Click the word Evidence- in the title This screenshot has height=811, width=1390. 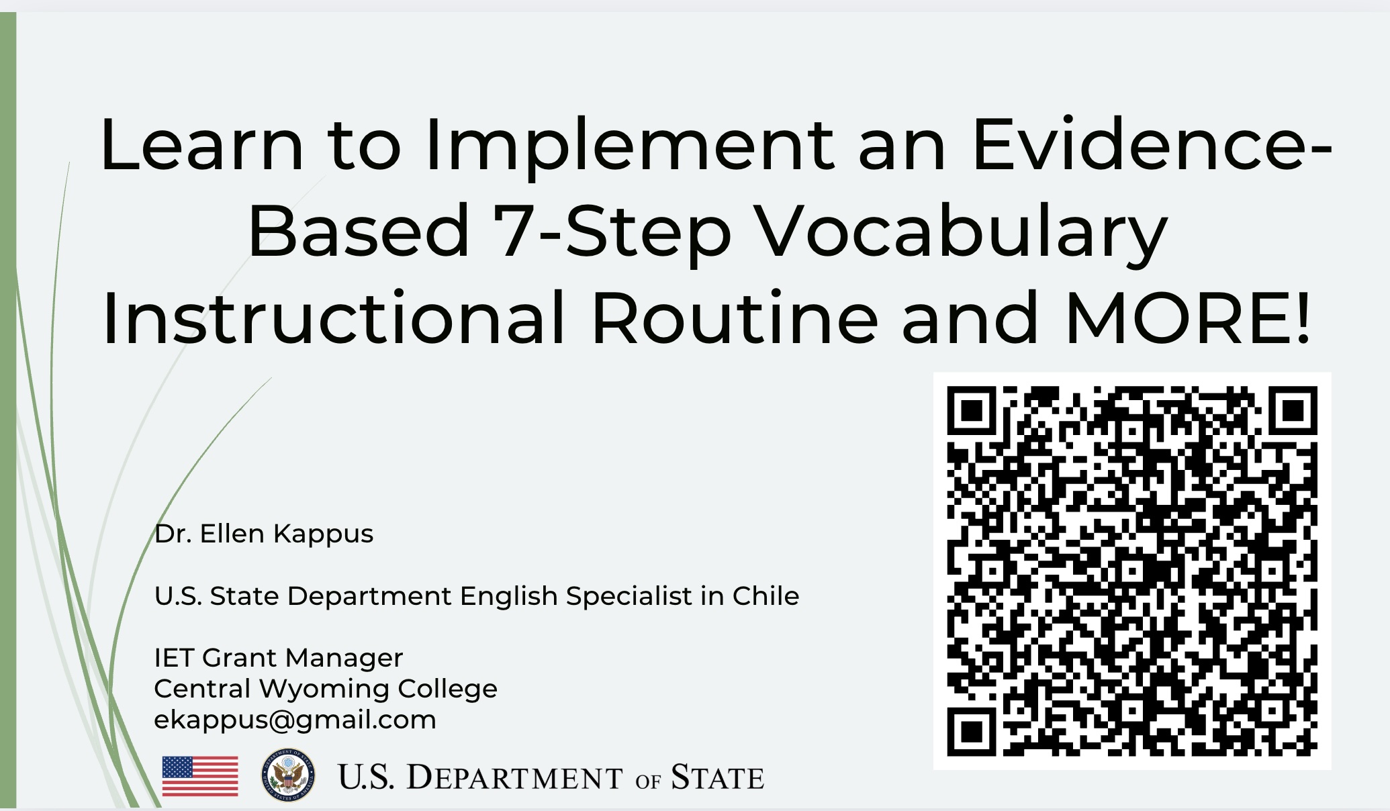pos(1152,144)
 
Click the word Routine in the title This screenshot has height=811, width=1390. pos(734,318)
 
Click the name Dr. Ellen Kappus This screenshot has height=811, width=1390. pos(264,534)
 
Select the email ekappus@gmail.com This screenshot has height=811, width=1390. pos(295,720)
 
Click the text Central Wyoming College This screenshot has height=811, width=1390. pos(326,689)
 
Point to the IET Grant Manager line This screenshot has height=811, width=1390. pos(279,658)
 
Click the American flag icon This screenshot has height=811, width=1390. pos(200,776)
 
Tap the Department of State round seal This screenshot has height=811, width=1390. pos(288,775)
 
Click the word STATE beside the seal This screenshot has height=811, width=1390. pos(717,777)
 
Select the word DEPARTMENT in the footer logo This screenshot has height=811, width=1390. pos(514,777)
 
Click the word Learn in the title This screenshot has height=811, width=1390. pos(201,145)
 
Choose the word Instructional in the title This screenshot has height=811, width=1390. pos(334,318)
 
